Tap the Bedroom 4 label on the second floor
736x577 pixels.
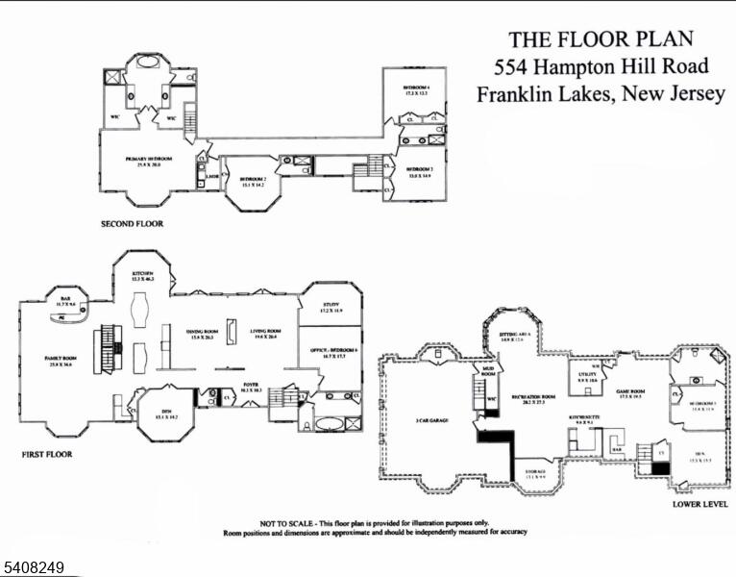pos(416,88)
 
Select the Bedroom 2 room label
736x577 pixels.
pos(253,179)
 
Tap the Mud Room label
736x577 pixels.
pos(488,369)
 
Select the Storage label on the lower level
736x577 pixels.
pos(535,470)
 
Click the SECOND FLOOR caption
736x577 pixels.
pos(132,224)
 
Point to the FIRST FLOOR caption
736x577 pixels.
pos(46,454)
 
